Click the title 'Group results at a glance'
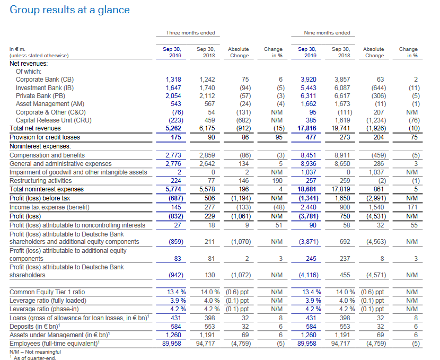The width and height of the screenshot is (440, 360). [x=69, y=10]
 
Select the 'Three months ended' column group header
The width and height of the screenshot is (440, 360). [x=190, y=32]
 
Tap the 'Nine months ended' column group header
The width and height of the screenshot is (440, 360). [x=327, y=32]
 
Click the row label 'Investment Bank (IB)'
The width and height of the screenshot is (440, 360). [x=45, y=88]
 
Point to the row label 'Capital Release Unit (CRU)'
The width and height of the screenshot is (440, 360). [x=54, y=120]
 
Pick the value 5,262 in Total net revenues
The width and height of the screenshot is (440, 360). [x=173, y=128]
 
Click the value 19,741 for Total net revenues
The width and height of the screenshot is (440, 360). [x=341, y=128]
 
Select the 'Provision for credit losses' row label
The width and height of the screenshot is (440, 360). [x=45, y=137]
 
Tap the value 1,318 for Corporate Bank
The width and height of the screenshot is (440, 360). [x=173, y=80]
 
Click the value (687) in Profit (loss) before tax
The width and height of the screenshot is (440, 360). [x=176, y=198]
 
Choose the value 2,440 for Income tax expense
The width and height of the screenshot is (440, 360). [x=309, y=207]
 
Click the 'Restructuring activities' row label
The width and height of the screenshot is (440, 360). [x=40, y=181]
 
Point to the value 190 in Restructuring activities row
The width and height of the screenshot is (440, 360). [x=277, y=181]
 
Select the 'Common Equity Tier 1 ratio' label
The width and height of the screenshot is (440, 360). [x=47, y=292]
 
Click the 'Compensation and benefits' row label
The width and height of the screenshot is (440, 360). [x=47, y=155]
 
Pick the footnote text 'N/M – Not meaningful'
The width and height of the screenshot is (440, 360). [x=35, y=352]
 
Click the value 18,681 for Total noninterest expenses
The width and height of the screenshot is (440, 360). [x=307, y=189]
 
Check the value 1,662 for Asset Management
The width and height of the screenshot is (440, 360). [x=309, y=104]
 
